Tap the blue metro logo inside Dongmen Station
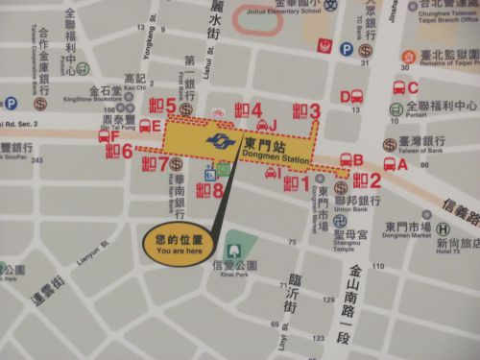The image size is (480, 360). point(220,141)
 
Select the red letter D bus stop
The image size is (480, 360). point(345,96)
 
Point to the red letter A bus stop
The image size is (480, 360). point(402,164)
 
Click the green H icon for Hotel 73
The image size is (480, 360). point(443,229)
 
